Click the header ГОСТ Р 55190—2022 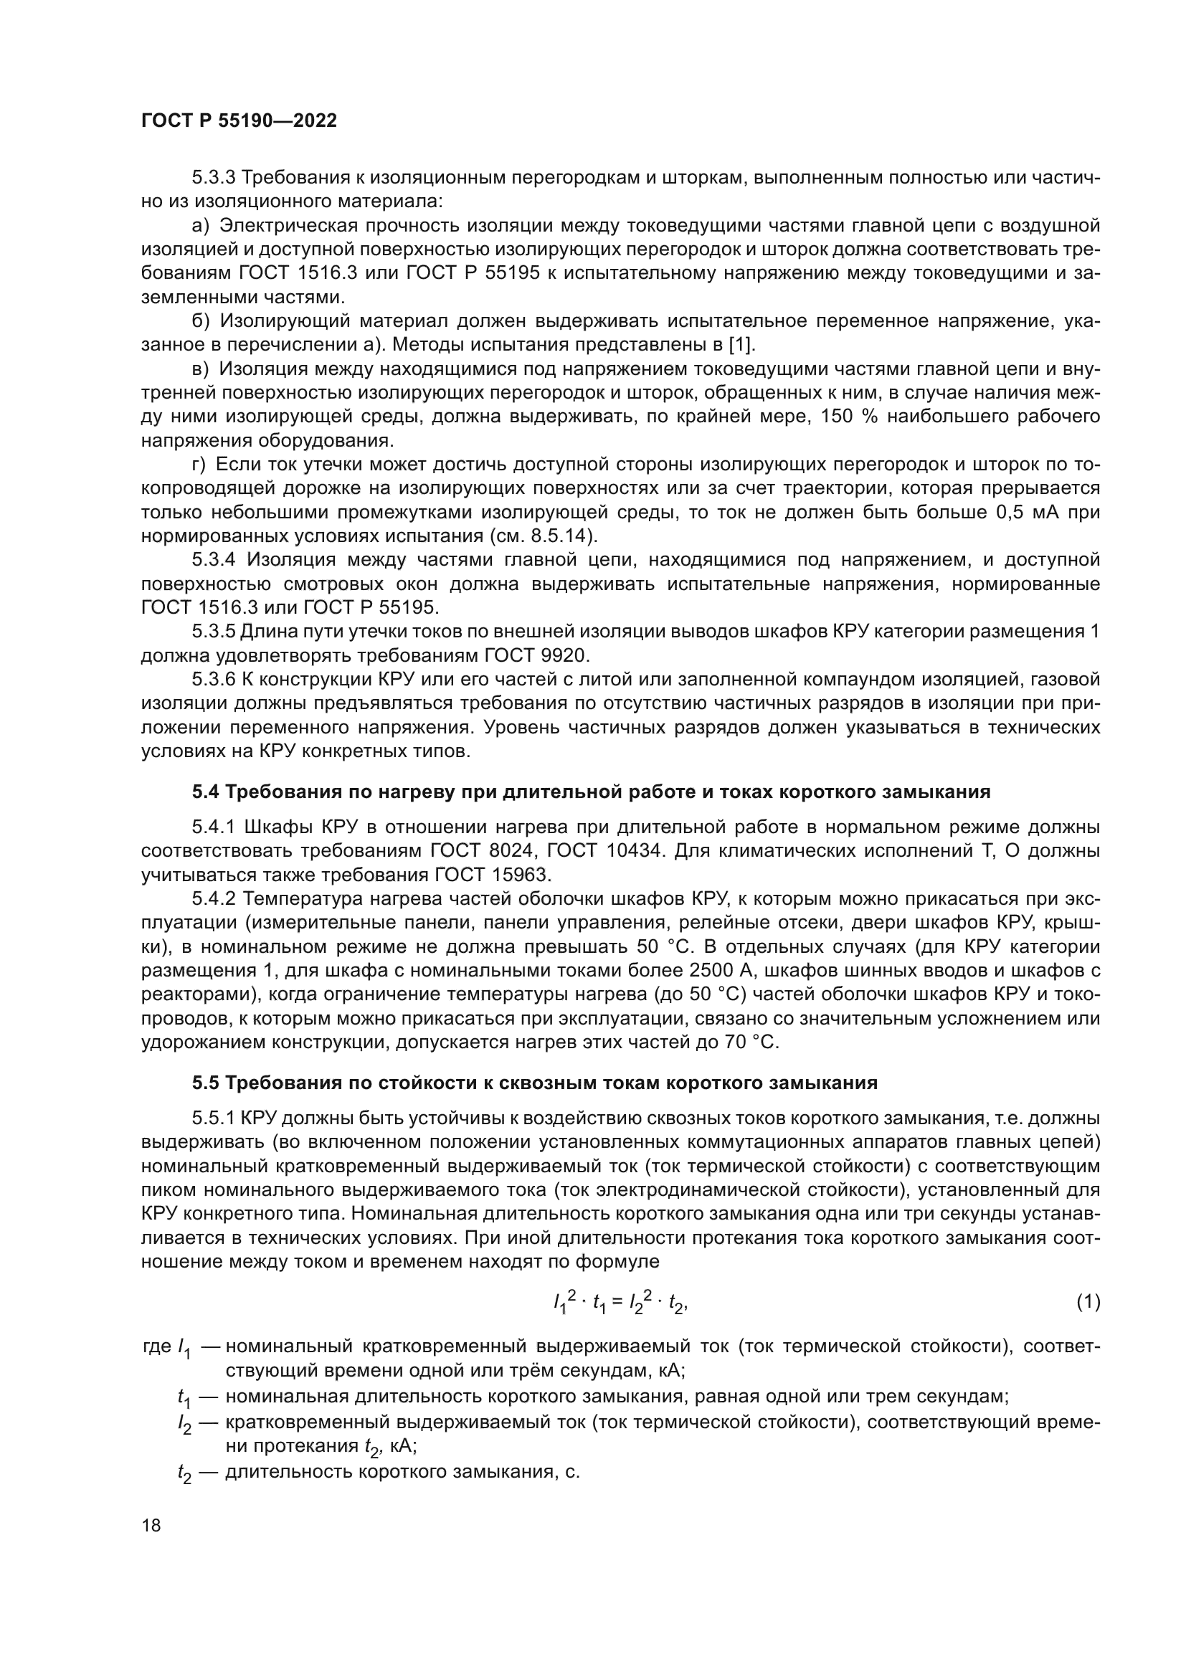239,121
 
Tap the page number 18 151,1525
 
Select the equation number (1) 1088,1301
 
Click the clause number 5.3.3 213,178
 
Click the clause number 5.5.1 213,1118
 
